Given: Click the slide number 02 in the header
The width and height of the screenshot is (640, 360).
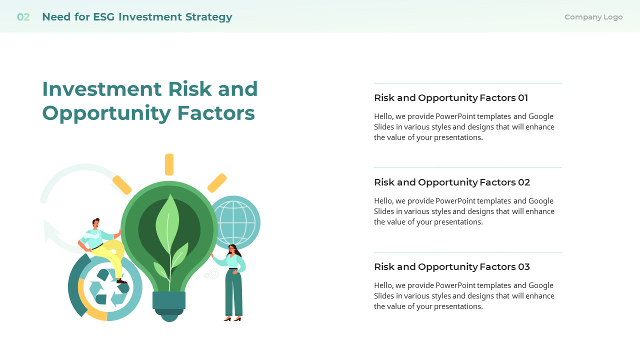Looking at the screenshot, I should (23, 17).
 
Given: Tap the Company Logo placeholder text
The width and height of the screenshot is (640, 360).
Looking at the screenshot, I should (593, 17).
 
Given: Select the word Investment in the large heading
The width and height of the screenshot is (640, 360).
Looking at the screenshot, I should (101, 89).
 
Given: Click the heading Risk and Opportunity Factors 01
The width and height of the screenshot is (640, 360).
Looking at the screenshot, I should (450, 98).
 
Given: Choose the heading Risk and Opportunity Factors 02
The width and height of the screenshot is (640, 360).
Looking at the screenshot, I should (451, 182).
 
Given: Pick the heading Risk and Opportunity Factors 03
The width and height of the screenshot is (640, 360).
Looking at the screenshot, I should (451, 267).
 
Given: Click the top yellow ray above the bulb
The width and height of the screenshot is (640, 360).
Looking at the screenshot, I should (169, 164).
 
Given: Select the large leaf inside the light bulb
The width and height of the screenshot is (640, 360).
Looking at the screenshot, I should (167, 220).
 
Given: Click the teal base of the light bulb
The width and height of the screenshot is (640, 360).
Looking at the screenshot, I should (169, 300).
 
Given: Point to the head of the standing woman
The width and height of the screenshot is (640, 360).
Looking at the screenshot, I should (232, 249).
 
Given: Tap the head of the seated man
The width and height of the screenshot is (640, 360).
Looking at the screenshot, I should (95, 223).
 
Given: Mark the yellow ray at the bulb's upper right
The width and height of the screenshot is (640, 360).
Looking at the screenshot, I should (217, 183).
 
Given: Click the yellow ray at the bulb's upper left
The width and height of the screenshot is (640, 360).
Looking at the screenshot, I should (122, 184).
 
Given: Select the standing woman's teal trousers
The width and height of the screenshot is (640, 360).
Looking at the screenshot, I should (233, 292).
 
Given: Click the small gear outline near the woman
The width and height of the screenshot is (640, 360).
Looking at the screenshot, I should (212, 273).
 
